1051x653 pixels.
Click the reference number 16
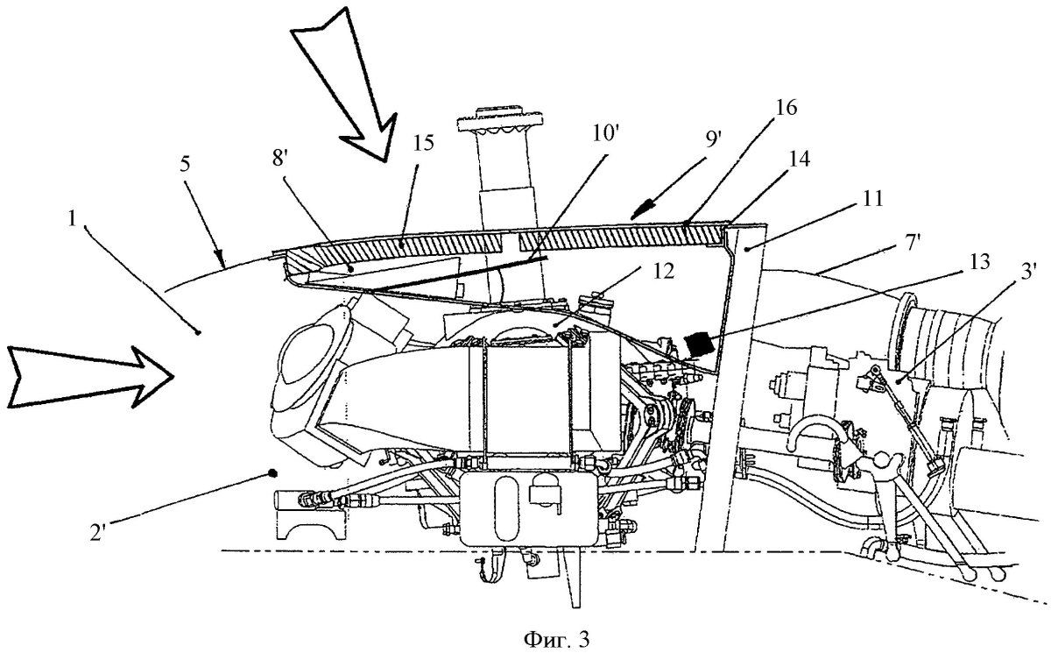coord(786,108)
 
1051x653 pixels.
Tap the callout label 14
coord(799,160)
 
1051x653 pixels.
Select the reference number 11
coord(872,199)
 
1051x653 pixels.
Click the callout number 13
coord(978,261)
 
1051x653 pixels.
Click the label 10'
coord(603,134)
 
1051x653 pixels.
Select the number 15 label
coord(423,143)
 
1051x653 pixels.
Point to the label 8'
coord(279,158)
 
